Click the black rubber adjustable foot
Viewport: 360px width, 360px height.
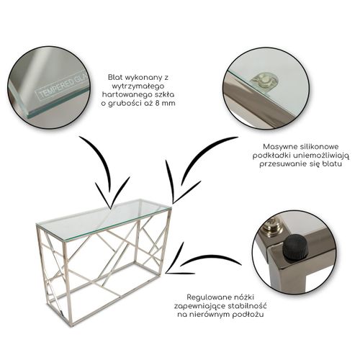click(294, 247)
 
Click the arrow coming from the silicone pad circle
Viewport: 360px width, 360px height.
click(192, 168)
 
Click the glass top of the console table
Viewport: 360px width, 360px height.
click(104, 217)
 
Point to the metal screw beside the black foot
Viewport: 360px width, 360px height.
click(274, 227)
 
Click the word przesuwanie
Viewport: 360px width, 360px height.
click(284, 164)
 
